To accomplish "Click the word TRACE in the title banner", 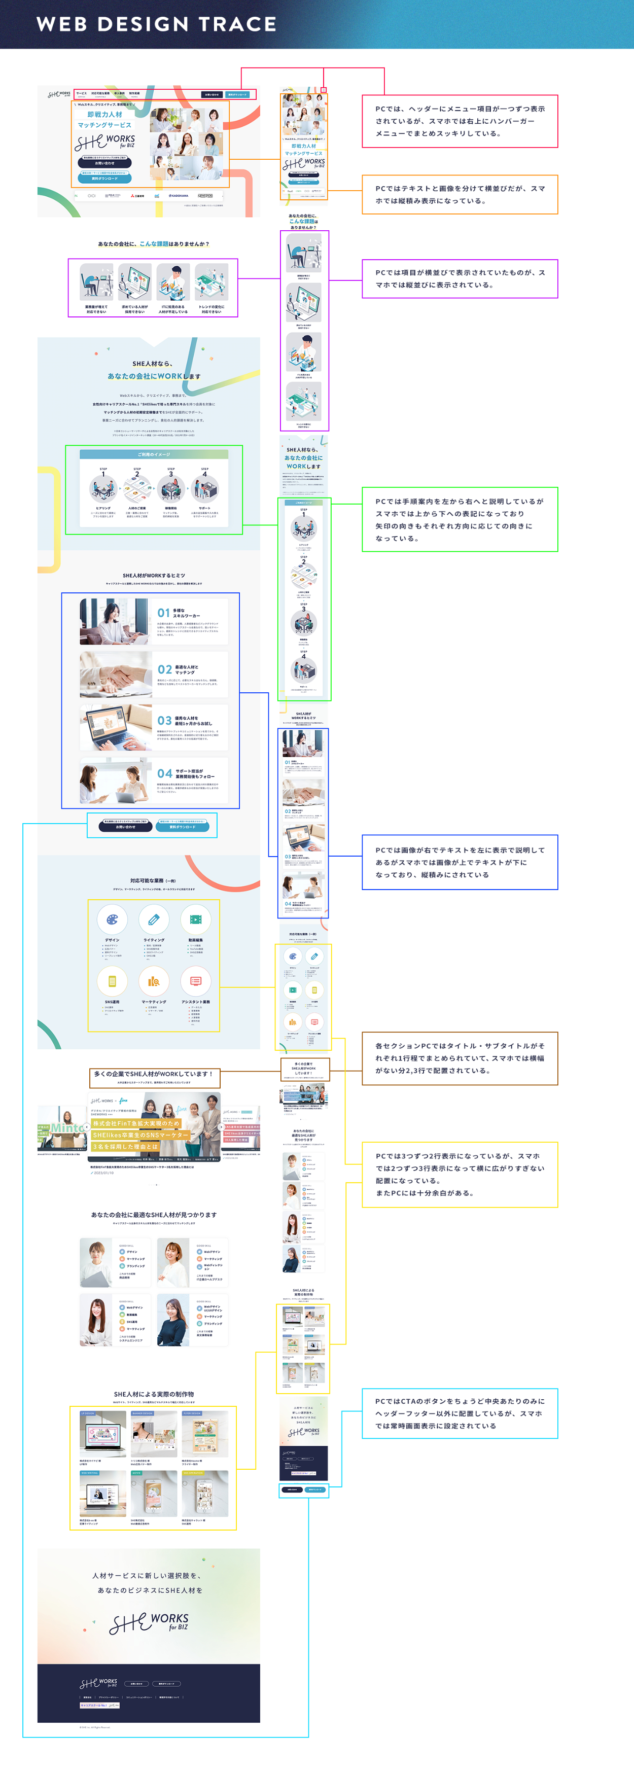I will click(237, 24).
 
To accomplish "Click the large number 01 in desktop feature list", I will click(164, 613).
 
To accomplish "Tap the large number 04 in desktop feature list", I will click(164, 773).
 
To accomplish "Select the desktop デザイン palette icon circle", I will click(112, 919).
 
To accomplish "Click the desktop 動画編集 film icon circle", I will click(195, 919).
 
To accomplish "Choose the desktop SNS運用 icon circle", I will click(112, 981).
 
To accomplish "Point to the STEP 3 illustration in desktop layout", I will click(171, 489).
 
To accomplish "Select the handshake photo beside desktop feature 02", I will click(115, 675).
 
